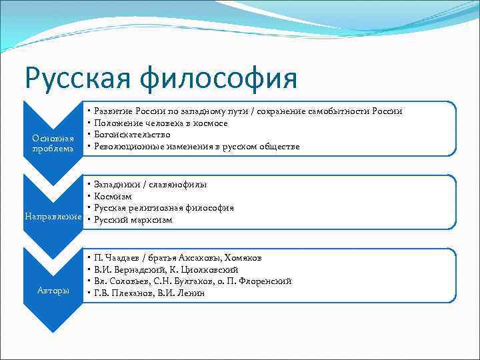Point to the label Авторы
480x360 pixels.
pyautogui.click(x=53, y=291)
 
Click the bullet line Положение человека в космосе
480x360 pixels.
pyautogui.click(x=161, y=123)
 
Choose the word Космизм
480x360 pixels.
pyautogui.click(x=113, y=196)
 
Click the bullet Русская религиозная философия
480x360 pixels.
pyautogui.click(x=164, y=208)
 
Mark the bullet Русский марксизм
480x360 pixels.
pyautogui.click(x=133, y=219)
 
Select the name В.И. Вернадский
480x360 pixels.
pyautogui.click(x=131, y=269)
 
